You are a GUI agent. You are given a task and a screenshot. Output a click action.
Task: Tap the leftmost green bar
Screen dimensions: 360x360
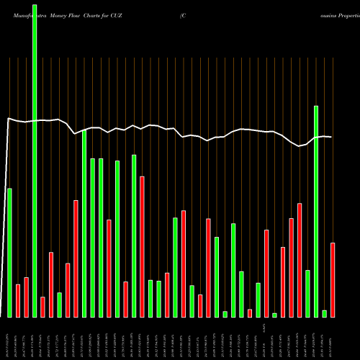tap(9, 252)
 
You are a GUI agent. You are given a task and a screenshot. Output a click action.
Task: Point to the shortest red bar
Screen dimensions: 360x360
tap(250, 312)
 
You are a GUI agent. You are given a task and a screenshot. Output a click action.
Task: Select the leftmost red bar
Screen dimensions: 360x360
tap(17, 300)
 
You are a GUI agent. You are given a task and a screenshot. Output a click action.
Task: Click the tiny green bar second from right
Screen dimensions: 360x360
tap(324, 313)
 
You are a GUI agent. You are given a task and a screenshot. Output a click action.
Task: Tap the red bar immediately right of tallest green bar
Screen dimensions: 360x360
tap(42, 307)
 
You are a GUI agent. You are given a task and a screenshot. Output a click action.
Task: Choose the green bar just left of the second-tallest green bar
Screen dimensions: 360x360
tap(307, 293)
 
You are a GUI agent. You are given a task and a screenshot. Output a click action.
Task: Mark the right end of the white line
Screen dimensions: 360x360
tap(332, 137)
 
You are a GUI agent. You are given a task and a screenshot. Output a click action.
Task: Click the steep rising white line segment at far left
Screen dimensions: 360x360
tap(4, 216)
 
